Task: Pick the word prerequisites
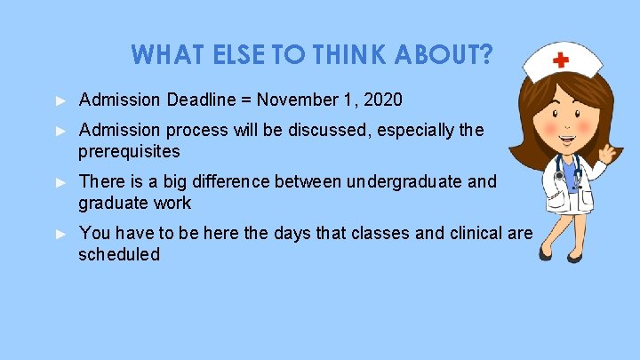(x=129, y=151)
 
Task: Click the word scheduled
(x=119, y=255)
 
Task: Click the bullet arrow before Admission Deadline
(x=60, y=98)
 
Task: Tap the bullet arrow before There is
(x=60, y=182)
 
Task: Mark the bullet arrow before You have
(x=60, y=234)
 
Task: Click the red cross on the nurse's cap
(x=561, y=60)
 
